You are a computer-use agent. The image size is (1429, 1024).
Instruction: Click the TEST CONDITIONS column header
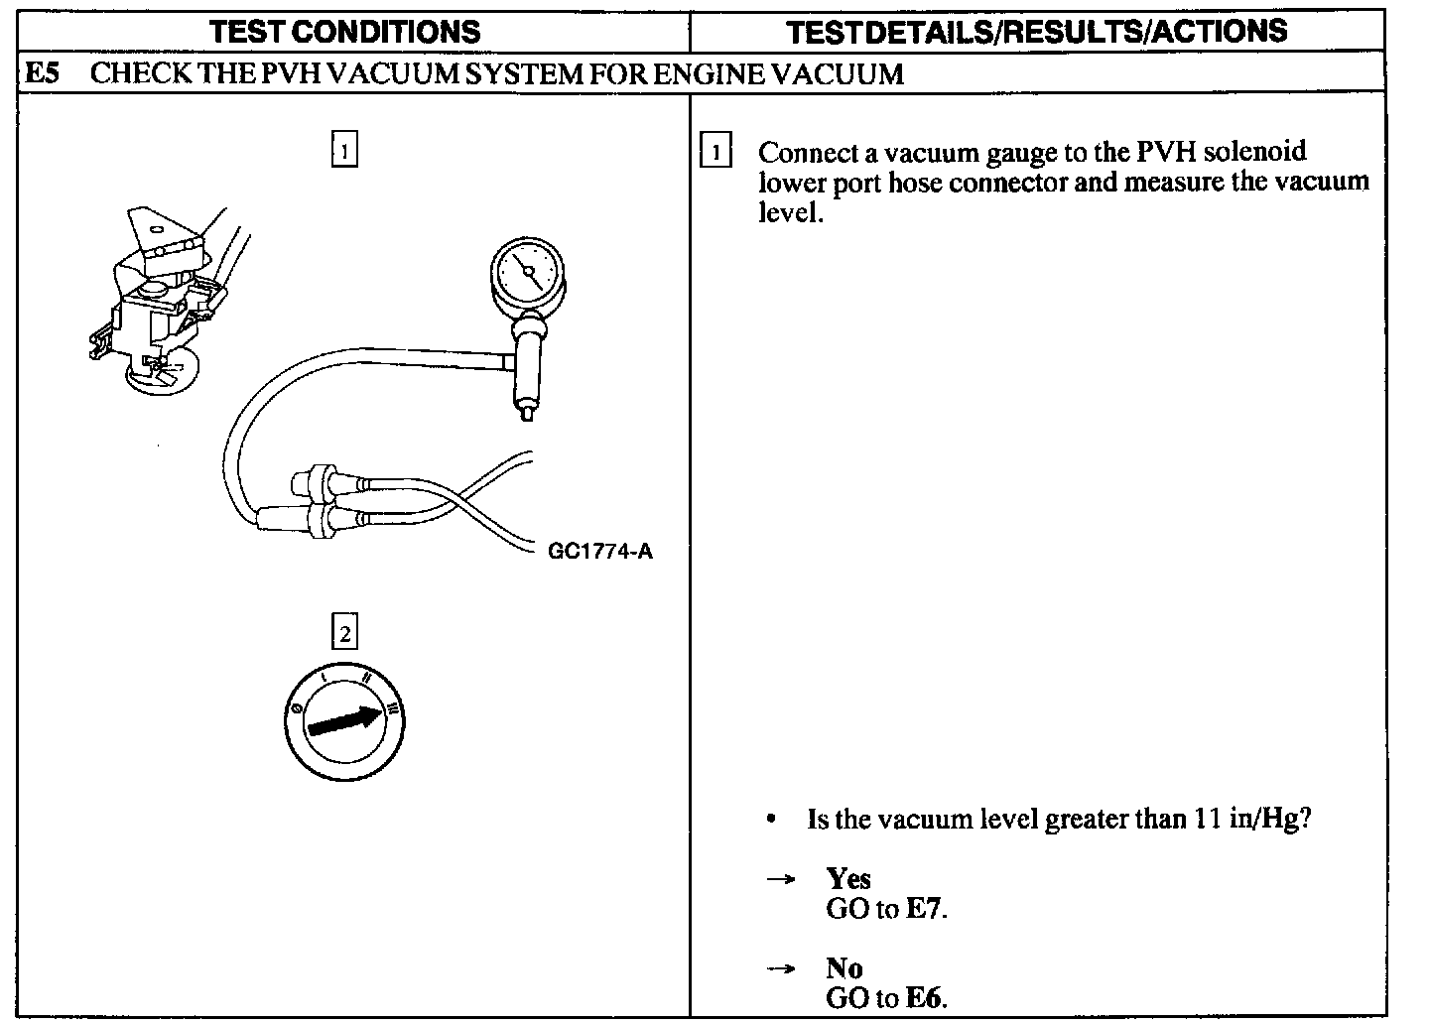(346, 31)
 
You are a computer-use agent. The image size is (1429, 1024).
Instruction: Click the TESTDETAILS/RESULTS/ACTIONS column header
(1037, 31)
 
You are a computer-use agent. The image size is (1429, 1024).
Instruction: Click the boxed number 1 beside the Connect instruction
(715, 153)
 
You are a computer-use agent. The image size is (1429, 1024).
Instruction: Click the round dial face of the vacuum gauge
(527, 270)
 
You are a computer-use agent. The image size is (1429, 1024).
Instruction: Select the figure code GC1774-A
(600, 552)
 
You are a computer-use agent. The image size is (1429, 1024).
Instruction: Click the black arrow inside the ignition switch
(343, 720)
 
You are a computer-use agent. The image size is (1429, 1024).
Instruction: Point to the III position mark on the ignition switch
(394, 708)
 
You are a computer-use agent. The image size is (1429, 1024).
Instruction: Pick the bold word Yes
(848, 879)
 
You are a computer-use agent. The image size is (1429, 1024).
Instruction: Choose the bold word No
(844, 968)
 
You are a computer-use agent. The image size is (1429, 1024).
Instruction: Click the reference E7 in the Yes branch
(923, 909)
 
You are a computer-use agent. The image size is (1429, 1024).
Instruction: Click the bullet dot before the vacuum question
(771, 820)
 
